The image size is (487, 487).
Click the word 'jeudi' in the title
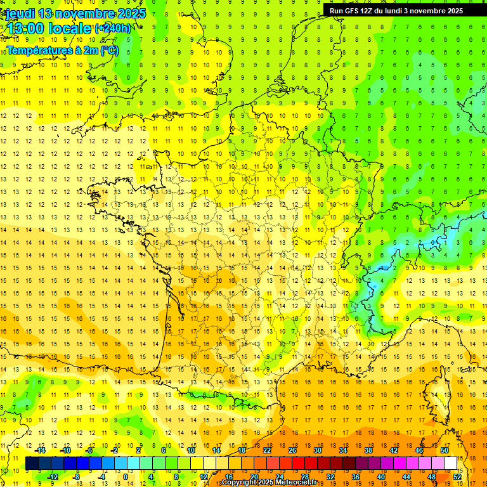coord(20,13)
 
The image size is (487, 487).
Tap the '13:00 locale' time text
coord(48,29)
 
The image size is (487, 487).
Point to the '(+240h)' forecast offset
coord(113,29)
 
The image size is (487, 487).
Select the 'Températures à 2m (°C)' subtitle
coord(62,50)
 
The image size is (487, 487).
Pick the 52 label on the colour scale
coord(458,477)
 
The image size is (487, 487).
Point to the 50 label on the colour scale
coord(445,450)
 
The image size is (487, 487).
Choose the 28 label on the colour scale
coord(305,477)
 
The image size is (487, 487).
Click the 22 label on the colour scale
coord(267,450)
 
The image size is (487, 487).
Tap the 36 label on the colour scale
coord(356,477)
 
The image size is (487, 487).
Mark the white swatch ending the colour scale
coord(451,464)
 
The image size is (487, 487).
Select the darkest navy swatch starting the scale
coord(32,464)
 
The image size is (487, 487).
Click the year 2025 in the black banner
coord(453,11)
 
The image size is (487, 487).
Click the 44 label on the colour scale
coord(406,477)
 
